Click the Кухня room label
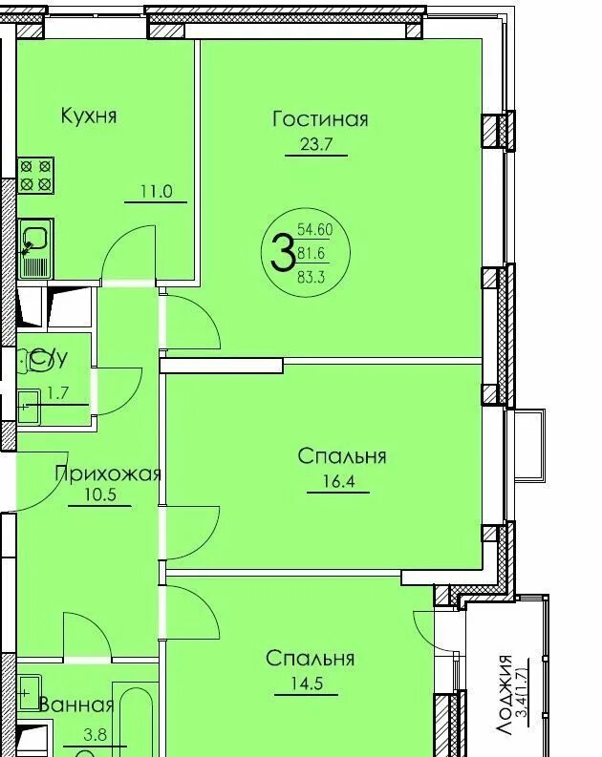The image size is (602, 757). click(89, 116)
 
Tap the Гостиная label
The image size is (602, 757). click(320, 118)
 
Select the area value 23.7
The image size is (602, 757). click(316, 144)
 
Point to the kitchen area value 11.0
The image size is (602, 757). click(156, 192)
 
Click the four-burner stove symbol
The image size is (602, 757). click(35, 176)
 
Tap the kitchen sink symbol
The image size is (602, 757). click(35, 248)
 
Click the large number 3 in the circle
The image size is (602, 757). click(282, 252)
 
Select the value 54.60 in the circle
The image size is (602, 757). click(315, 229)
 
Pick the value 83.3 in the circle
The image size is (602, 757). click(312, 277)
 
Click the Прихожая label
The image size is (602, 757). click(107, 474)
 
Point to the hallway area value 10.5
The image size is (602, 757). click(99, 495)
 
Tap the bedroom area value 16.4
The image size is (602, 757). click(338, 482)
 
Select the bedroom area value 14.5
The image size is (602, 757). click(307, 684)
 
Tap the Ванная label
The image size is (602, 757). click(75, 705)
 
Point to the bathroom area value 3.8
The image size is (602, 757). click(96, 735)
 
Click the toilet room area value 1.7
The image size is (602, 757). click(57, 393)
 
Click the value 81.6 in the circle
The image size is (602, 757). click(312, 253)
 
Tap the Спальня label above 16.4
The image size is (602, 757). click(341, 456)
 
